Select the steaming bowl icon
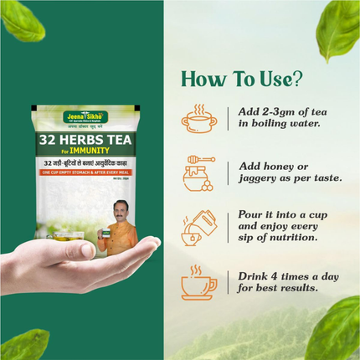[199, 120]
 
